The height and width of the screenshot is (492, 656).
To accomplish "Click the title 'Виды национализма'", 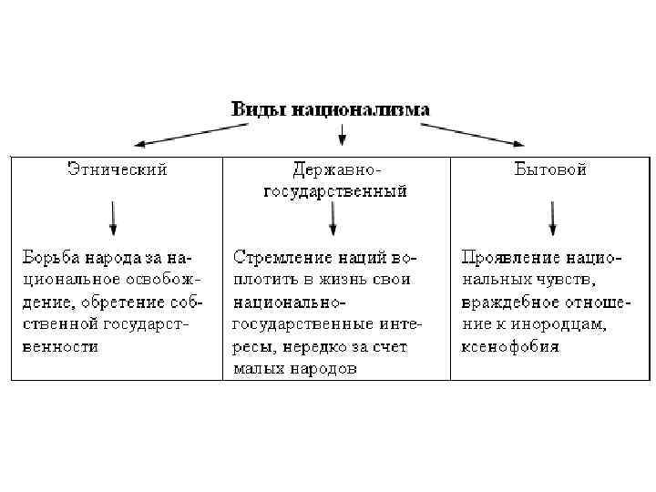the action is click(x=330, y=109).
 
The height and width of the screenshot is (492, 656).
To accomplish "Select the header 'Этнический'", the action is click(x=118, y=169).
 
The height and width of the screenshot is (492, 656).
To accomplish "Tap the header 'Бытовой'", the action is click(x=549, y=169).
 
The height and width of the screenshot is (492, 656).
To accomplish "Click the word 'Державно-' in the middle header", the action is click(x=335, y=170).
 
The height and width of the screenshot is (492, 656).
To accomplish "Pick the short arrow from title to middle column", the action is click(x=343, y=136).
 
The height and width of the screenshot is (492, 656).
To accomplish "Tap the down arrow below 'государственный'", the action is click(x=333, y=219).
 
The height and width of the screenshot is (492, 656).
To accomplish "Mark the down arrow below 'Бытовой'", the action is click(x=552, y=219).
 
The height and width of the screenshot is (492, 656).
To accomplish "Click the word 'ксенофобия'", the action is click(x=510, y=346).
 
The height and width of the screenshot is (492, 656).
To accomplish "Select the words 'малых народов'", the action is click(x=295, y=368).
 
